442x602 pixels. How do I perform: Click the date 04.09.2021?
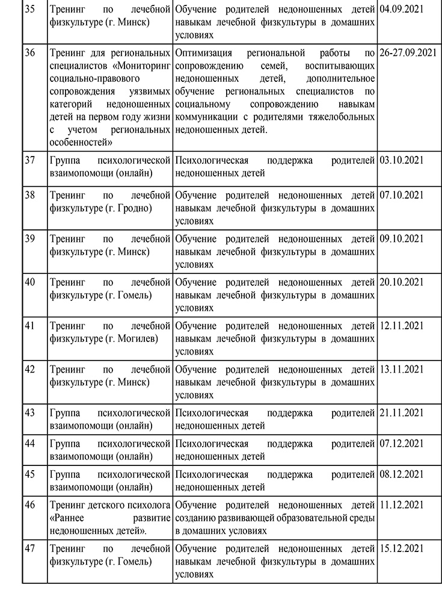pyautogui.click(x=402, y=10)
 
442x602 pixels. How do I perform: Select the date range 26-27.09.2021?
pyautogui.click(x=408, y=52)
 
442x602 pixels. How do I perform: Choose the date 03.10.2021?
pyautogui.click(x=402, y=161)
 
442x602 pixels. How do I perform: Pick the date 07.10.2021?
pyautogui.click(x=402, y=195)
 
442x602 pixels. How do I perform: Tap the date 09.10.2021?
pyautogui.click(x=402, y=238)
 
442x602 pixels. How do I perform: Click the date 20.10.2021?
pyautogui.click(x=402, y=282)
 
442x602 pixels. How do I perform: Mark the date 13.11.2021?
pyautogui.click(x=402, y=368)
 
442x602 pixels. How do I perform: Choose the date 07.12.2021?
pyautogui.click(x=402, y=444)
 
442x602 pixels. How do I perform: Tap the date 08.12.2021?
pyautogui.click(x=402, y=474)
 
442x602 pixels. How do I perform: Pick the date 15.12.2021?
pyautogui.click(x=402, y=548)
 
